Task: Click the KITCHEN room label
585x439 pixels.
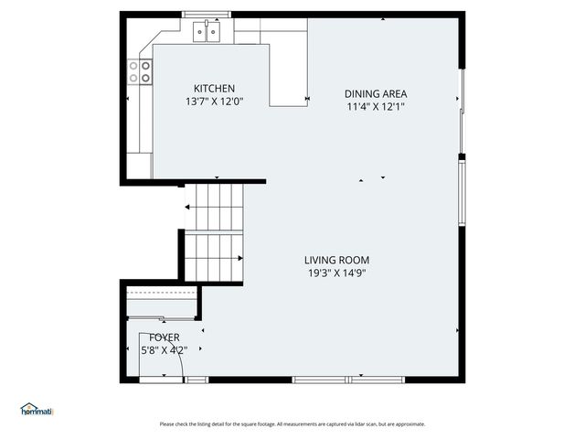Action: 214,88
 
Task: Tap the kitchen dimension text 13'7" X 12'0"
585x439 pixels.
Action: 214,102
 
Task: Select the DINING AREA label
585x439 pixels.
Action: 375,93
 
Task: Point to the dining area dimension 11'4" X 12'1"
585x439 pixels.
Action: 375,106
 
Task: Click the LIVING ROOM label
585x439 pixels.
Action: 338,260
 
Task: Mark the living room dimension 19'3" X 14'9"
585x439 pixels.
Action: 338,273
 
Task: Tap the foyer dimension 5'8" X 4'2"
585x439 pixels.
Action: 152,349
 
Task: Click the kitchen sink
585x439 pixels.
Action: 207,34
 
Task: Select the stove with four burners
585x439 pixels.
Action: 143,72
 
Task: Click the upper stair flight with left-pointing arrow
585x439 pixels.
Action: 216,207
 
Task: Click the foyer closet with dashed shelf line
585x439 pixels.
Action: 161,303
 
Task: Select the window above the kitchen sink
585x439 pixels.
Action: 207,15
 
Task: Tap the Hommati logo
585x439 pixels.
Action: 37,410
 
